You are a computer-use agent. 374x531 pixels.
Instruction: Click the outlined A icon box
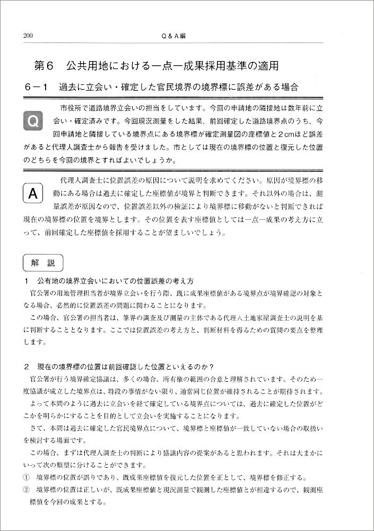32,194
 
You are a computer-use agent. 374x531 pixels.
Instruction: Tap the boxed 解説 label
43,262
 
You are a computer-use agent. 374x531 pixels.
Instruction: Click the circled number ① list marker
27,476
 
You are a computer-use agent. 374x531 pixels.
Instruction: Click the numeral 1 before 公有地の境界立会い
26,280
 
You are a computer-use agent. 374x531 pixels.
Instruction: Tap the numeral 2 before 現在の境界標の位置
26,366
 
